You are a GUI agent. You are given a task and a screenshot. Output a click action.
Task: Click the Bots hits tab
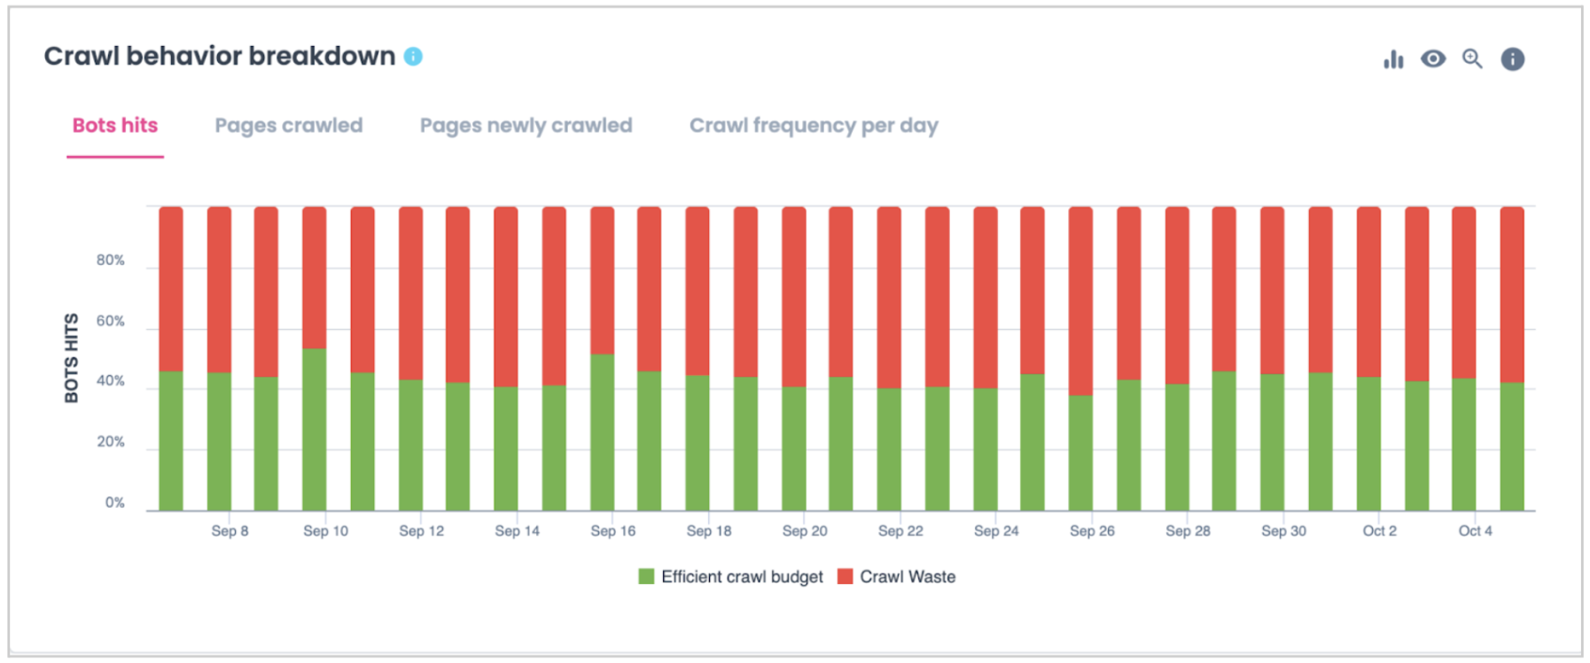[x=115, y=126]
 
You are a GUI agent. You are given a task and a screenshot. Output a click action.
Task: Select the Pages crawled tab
[x=288, y=126]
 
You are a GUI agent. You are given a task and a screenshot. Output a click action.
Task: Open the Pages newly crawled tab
[x=526, y=126]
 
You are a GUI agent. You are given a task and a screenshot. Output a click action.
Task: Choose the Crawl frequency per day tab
[x=813, y=126]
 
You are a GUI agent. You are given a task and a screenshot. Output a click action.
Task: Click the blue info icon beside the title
[x=413, y=57]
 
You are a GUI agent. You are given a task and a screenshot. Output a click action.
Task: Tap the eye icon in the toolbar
[x=1432, y=59]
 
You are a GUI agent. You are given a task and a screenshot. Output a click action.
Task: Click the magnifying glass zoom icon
[x=1472, y=59]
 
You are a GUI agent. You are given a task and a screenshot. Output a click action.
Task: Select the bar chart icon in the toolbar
[x=1393, y=59]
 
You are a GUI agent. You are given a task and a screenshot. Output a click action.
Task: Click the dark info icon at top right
[x=1512, y=59]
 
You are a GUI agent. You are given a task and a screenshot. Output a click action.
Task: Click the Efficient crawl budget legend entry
[x=731, y=577]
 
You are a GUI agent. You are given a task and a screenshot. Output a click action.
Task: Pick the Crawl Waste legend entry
[x=897, y=577]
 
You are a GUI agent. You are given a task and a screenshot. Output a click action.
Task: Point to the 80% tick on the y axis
[x=111, y=261]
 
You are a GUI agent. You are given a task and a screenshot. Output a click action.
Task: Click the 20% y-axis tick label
[x=111, y=442]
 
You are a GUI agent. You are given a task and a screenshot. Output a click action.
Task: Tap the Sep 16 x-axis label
[x=612, y=531]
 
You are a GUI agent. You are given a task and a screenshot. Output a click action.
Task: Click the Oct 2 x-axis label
[x=1379, y=531]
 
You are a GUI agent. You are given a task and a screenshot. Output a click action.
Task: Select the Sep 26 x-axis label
[x=1092, y=531]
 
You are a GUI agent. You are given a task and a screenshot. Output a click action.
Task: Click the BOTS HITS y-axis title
[x=71, y=357]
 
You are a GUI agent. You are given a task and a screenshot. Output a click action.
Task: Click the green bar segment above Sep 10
[x=314, y=430]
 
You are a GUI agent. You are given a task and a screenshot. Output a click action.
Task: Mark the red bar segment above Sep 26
[x=1080, y=301]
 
